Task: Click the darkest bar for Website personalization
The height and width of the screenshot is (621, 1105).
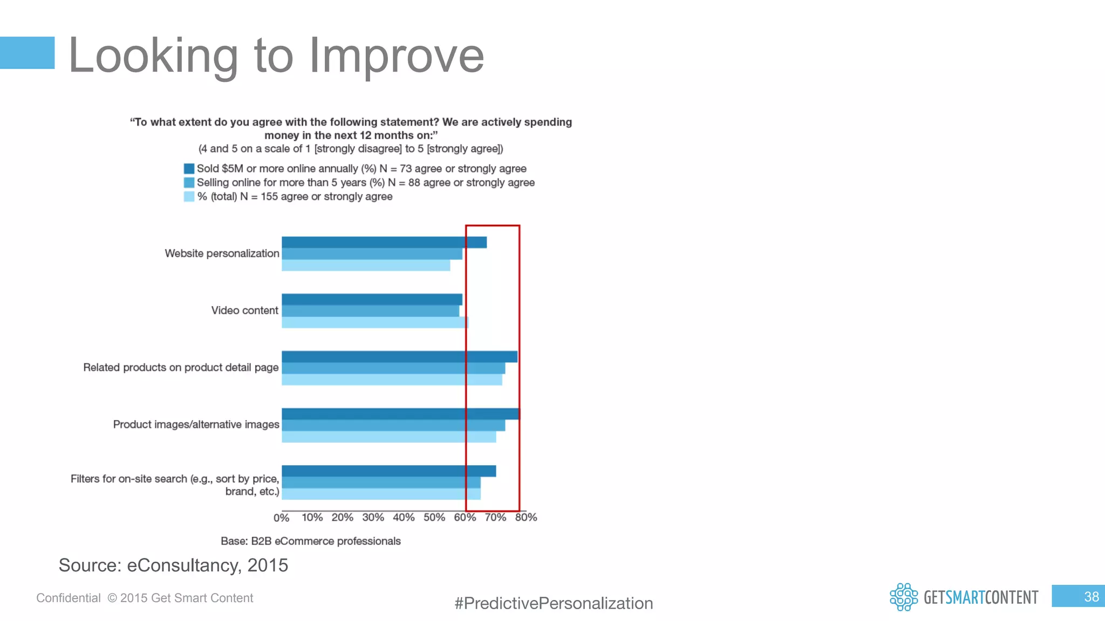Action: [384, 243]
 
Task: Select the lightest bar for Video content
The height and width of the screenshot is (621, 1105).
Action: [375, 322]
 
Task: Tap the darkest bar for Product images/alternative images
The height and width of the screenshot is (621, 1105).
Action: [400, 414]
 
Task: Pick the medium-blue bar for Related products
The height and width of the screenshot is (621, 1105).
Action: [393, 368]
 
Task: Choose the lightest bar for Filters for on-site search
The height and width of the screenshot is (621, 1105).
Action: [381, 494]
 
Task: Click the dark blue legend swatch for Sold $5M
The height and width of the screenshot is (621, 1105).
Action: [189, 169]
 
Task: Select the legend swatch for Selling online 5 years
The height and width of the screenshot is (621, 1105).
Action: [189, 183]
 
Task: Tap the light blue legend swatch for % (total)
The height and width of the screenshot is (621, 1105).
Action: [189, 197]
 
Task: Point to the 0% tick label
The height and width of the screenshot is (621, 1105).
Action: [281, 518]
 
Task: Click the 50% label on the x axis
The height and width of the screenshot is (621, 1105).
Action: [434, 517]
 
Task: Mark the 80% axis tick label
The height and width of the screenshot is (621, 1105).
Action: [526, 517]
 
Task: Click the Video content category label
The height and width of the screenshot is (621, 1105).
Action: [244, 310]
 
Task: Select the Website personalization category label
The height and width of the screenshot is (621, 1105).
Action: [222, 253]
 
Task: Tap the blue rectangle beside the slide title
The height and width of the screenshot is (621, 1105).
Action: [27, 53]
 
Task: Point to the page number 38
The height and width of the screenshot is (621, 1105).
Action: [1091, 597]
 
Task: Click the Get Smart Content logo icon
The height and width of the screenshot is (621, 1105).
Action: [904, 597]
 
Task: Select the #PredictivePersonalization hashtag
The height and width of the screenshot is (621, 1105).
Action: [554, 603]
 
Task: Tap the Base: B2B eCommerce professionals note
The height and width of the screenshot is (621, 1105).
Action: [311, 541]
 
